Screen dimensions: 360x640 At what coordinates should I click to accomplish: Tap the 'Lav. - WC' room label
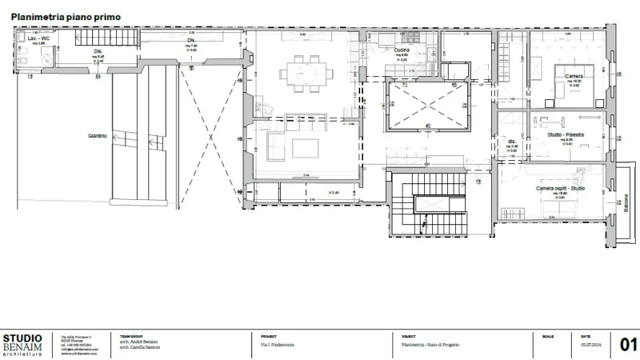(x=39, y=38)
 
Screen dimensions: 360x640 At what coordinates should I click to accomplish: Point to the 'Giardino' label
(x=98, y=137)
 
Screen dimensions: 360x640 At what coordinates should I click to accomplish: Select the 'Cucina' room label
(x=402, y=50)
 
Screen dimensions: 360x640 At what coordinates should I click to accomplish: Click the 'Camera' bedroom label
(x=573, y=76)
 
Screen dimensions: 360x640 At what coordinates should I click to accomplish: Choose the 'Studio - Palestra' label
(x=563, y=135)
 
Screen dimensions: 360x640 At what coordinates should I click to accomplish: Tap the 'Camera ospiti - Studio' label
(x=561, y=188)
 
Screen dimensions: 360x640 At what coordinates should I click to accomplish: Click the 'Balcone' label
(x=626, y=201)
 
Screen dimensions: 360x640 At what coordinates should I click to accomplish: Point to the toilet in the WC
(x=22, y=58)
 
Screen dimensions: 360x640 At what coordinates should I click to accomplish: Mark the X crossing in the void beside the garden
(x=210, y=138)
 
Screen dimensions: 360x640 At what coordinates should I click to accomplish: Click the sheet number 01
(x=628, y=346)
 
